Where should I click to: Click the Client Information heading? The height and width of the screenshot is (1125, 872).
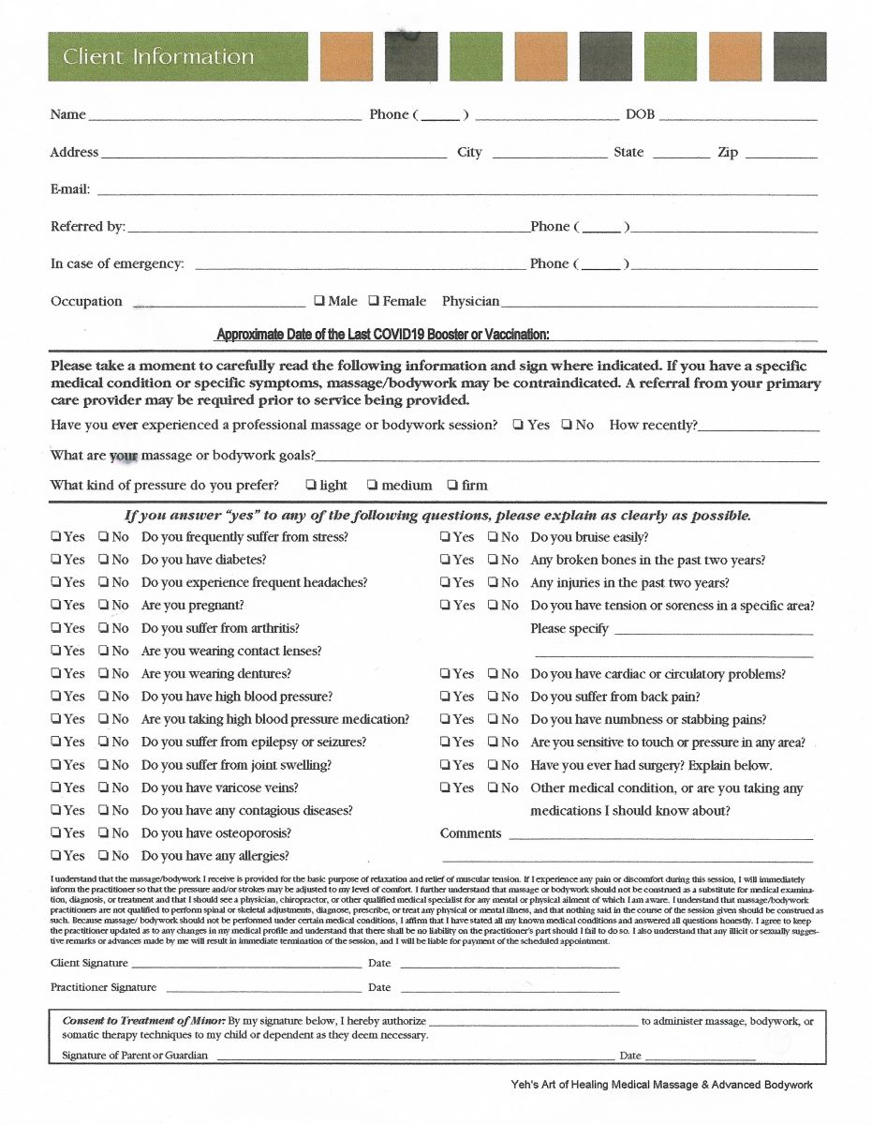click(158, 56)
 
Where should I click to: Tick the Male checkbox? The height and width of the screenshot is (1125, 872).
click(319, 301)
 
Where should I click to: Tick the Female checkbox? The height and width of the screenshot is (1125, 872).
click(374, 301)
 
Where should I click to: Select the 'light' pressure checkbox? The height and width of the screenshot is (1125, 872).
click(310, 485)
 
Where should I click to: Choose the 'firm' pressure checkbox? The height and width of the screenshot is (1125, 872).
click(452, 485)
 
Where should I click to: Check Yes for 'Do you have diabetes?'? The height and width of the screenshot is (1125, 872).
click(56, 560)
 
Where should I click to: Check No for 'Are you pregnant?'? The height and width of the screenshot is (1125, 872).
click(104, 606)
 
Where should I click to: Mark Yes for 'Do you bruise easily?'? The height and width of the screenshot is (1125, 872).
click(446, 537)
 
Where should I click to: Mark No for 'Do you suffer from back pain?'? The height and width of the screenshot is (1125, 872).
click(493, 697)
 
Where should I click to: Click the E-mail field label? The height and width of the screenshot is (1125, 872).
click(70, 189)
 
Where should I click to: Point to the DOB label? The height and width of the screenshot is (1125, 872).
click(640, 114)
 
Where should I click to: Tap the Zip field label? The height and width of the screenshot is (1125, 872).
click(728, 152)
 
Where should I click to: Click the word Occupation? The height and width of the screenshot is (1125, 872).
click(86, 301)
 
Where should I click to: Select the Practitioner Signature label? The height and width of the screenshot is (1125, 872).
click(103, 987)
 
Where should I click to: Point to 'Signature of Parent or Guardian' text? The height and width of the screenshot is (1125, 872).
click(135, 1055)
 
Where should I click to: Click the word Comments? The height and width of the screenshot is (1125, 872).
click(470, 833)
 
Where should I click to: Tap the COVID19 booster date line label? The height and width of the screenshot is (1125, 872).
click(382, 335)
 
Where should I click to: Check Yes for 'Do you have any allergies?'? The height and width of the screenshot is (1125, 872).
click(56, 856)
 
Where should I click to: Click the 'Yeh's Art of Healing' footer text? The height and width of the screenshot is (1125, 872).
click(656, 1085)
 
